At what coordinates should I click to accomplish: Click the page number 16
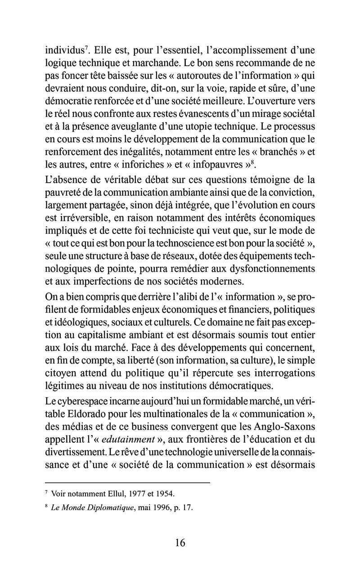180,542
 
